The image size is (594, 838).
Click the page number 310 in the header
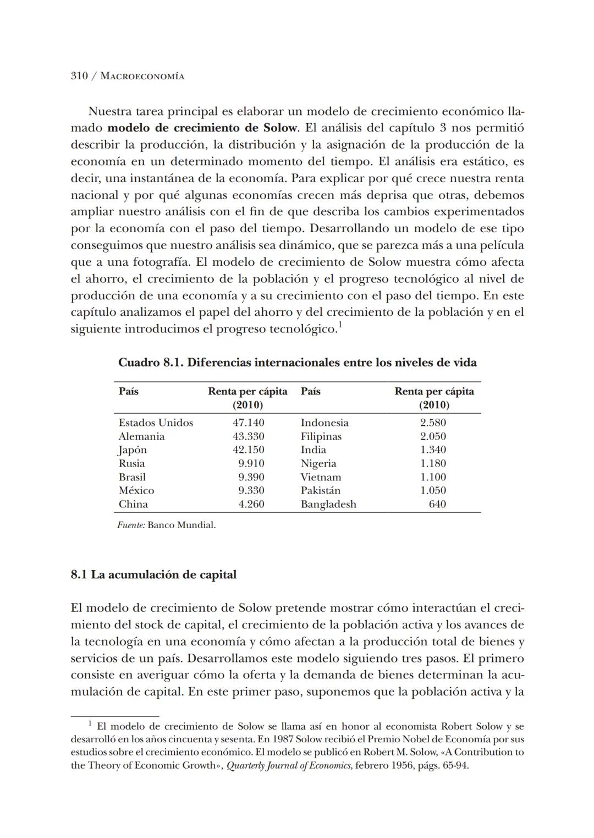tap(79, 76)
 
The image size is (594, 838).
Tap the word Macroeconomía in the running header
tap(142, 76)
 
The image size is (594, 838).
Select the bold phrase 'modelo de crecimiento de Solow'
tap(202, 128)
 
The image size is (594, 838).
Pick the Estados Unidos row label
tap(156, 423)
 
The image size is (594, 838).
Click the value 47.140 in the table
tap(248, 423)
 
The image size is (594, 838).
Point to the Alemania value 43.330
tap(248, 436)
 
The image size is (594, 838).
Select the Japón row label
tap(133, 450)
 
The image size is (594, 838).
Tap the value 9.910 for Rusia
tap(251, 463)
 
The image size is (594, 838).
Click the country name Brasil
tap(132, 477)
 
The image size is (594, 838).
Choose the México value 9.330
tap(251, 490)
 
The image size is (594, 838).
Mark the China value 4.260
tap(251, 504)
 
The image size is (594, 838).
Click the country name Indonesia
tap(324, 423)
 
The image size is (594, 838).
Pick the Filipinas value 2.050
tap(433, 436)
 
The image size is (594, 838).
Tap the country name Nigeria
tap(318, 463)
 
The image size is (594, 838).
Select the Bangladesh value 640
tap(437, 504)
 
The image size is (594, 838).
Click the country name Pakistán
tap(321, 490)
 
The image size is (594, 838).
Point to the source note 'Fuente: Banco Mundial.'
tap(166, 525)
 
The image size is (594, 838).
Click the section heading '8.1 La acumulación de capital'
tap(153, 574)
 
